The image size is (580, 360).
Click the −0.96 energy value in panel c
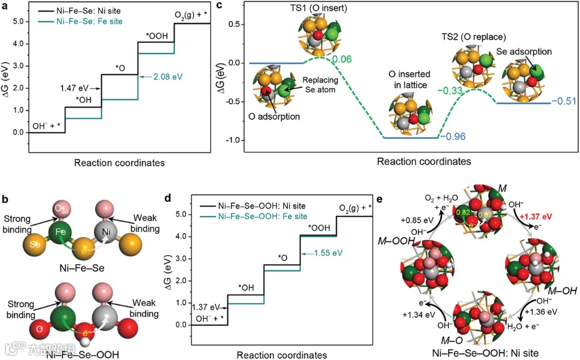[x=452, y=136]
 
